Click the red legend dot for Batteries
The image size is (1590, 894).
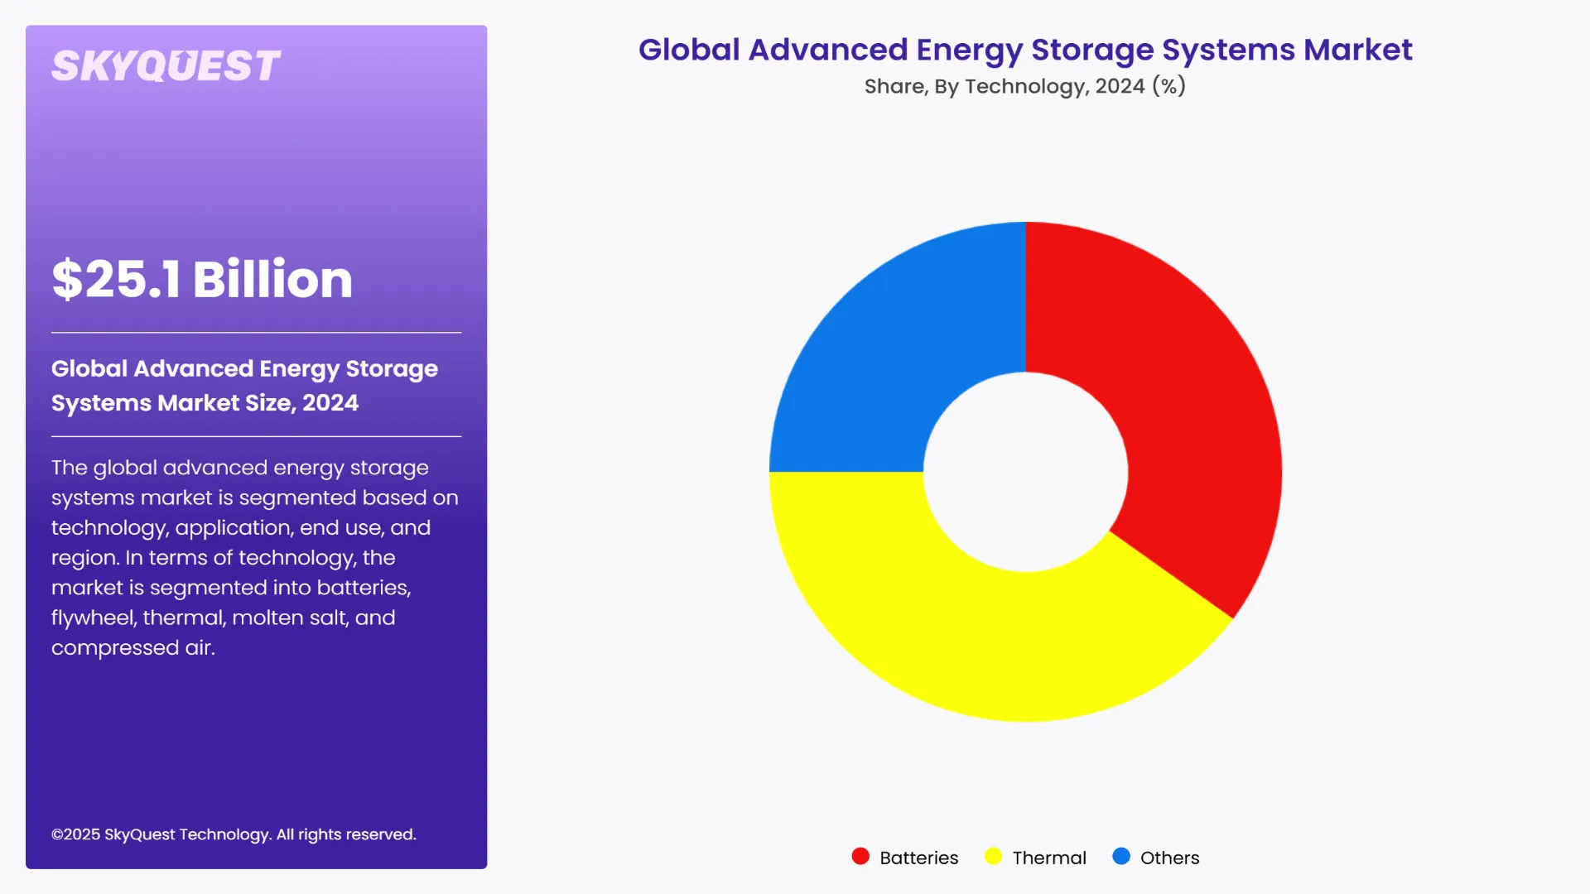click(x=860, y=857)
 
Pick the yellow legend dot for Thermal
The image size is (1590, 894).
click(x=993, y=857)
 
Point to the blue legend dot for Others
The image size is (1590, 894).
click(x=1121, y=857)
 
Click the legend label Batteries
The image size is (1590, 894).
click(x=918, y=858)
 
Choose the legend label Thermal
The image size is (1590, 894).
click(x=1049, y=858)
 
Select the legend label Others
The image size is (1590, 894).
click(x=1169, y=858)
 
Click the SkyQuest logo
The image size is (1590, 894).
click(x=166, y=66)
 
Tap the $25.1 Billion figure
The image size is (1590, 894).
click(x=202, y=279)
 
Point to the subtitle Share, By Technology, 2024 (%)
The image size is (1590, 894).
click(x=1024, y=86)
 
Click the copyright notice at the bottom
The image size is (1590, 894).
click(x=234, y=834)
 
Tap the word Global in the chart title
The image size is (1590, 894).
click(x=689, y=50)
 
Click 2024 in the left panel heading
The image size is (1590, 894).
click(x=330, y=403)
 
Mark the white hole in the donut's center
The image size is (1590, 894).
click(x=1025, y=472)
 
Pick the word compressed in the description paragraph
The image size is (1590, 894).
click(x=114, y=648)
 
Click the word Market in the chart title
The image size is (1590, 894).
click(x=1357, y=50)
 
